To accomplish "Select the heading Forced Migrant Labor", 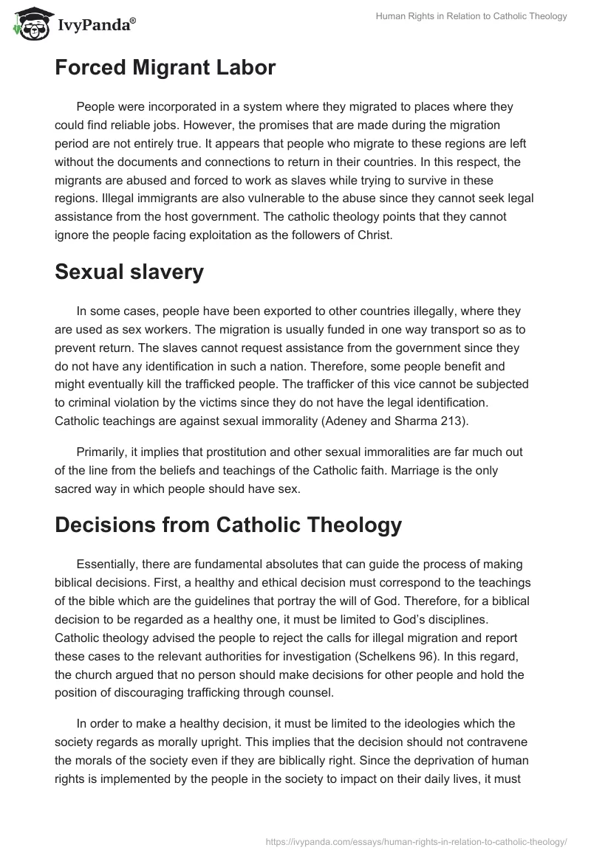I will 165,69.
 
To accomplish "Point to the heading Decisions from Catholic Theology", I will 228,525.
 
